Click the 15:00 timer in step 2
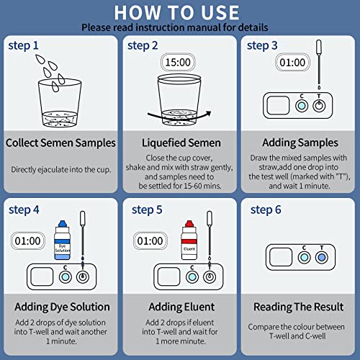tap(178, 62)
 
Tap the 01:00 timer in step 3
tap(292, 63)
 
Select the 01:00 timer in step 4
tap(28, 240)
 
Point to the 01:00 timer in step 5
tap(150, 240)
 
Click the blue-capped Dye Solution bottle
tap(62, 240)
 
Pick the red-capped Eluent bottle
tap(189, 240)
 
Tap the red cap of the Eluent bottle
tap(189, 224)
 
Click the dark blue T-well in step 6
tap(322, 257)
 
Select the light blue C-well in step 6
tap(304, 257)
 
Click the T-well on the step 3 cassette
tap(319, 106)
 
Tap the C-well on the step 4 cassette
tap(66, 277)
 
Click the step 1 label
tap(23, 45)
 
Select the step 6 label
tap(266, 210)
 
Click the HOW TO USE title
tap(176, 12)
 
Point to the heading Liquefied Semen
tap(181, 143)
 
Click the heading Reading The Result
tap(299, 307)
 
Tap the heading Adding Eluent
tap(181, 307)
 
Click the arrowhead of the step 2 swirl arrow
tap(208, 113)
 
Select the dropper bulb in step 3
tap(319, 48)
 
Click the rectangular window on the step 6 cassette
tap(281, 257)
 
